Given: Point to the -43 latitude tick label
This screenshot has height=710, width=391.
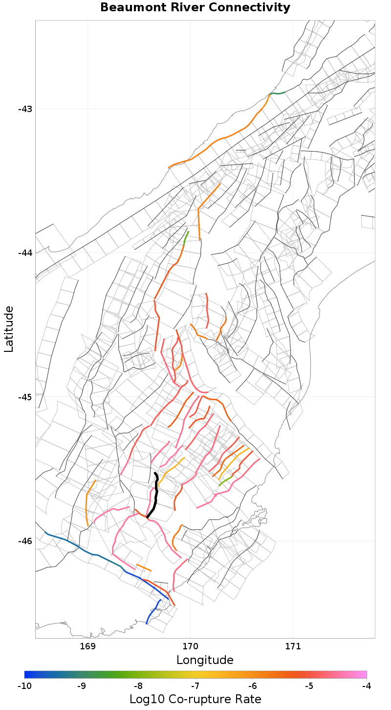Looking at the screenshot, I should tap(24, 109).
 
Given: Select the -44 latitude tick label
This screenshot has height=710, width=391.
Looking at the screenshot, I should tap(24, 252).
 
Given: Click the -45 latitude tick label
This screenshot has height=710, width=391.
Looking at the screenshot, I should tap(24, 397).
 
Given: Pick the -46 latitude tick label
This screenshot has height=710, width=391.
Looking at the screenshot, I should tap(24, 541).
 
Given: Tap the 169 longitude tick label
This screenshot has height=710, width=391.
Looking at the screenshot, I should tap(87, 646).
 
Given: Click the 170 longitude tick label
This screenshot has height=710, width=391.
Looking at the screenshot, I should tap(190, 646).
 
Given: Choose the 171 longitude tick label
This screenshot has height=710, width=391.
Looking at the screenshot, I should tap(293, 646).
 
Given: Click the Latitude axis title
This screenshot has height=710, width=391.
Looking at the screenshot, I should tap(9, 329).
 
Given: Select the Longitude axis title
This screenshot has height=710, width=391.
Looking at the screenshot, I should tap(205, 660).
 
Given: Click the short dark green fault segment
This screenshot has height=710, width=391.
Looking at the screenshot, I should tap(277, 93).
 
